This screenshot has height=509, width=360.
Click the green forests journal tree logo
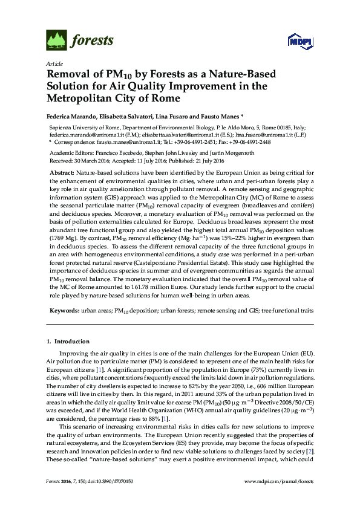56,41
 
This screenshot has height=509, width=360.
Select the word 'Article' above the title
53,63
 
